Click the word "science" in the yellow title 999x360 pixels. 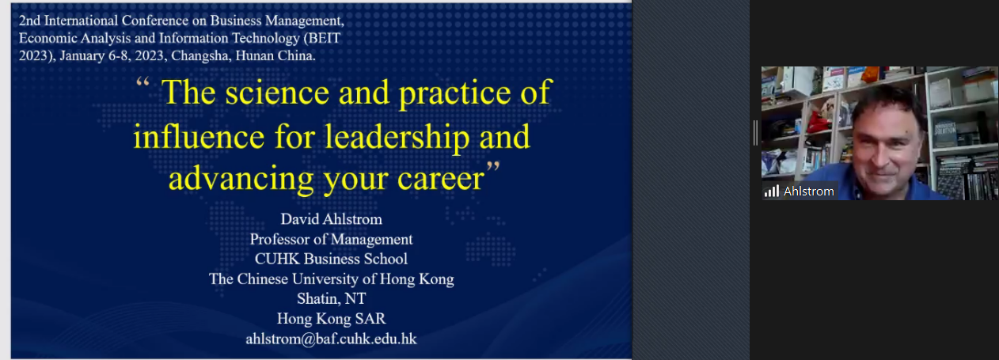[277, 93]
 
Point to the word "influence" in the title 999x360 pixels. [199, 136]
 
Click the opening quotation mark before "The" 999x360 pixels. [142, 82]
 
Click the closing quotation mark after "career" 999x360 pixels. [493, 167]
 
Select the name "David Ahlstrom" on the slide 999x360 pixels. [332, 219]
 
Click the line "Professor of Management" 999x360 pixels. [332, 239]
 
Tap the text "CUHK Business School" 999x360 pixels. [332, 259]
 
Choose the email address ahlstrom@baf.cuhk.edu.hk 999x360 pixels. [332, 339]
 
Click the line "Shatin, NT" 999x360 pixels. [332, 298]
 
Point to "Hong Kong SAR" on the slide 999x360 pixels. [332, 319]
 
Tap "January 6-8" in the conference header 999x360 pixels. [95, 56]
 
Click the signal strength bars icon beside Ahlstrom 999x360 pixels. [772, 191]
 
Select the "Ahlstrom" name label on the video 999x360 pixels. [809, 191]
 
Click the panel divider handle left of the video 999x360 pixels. [755, 133]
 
